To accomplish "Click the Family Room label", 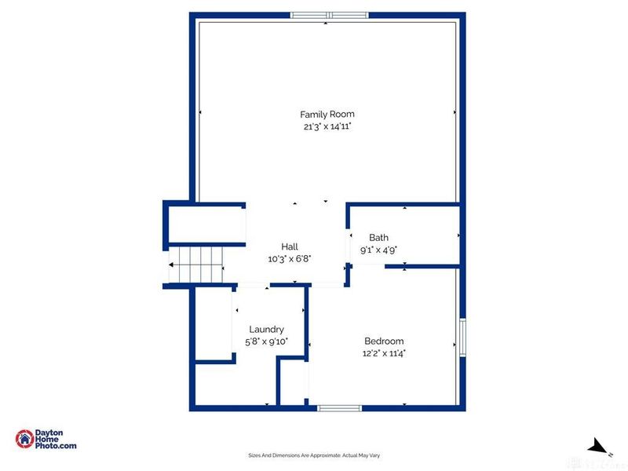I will click(x=327, y=115).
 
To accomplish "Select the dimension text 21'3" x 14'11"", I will click(x=327, y=126).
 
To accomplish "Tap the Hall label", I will click(x=290, y=246).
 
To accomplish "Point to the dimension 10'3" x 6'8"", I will click(x=290, y=258).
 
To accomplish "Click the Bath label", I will click(x=378, y=238).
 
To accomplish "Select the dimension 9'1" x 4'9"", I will click(x=378, y=250).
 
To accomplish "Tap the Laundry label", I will click(x=266, y=330).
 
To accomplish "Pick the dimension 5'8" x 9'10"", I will click(x=266, y=341).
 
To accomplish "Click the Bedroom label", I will click(x=384, y=341).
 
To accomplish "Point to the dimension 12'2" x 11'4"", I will click(x=384, y=353).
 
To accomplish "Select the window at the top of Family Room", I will click(x=329, y=14).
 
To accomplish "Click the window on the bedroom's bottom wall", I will click(x=339, y=407).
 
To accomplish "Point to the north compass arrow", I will click(x=601, y=447).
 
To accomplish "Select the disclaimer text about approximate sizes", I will click(x=314, y=455).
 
